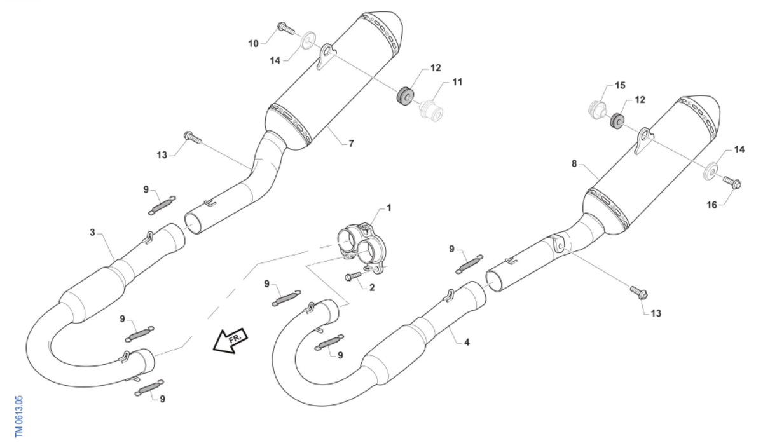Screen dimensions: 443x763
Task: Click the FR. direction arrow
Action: (230, 339)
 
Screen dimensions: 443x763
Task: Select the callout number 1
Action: (389, 208)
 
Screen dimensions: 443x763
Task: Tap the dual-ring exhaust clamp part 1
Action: (359, 247)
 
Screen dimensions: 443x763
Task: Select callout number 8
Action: (574, 163)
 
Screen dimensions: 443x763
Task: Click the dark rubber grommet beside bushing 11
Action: (405, 95)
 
